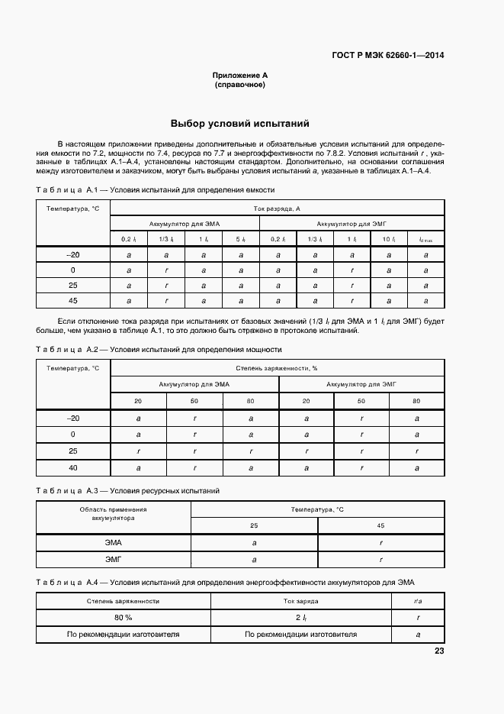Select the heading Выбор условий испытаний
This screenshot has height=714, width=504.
click(239, 123)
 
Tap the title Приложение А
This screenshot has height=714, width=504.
click(239, 76)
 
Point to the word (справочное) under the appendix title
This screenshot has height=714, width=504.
click(239, 85)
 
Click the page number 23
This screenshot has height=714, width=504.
click(438, 651)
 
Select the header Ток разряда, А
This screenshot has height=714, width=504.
click(277, 208)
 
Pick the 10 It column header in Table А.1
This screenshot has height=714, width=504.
click(388, 240)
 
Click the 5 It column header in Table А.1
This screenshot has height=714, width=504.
click(240, 240)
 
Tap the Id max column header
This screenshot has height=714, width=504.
click(425, 240)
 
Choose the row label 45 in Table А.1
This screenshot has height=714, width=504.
click(73, 301)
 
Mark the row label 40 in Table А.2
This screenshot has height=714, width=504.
click(73, 467)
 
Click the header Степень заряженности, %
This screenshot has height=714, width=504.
click(277, 368)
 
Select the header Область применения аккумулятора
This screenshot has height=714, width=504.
click(114, 513)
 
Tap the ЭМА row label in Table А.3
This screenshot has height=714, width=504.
click(114, 542)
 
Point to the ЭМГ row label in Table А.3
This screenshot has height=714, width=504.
click(114, 560)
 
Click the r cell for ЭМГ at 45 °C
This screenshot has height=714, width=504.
click(380, 560)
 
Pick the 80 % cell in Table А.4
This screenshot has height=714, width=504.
click(124, 617)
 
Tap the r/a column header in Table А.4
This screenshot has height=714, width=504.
click(418, 601)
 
